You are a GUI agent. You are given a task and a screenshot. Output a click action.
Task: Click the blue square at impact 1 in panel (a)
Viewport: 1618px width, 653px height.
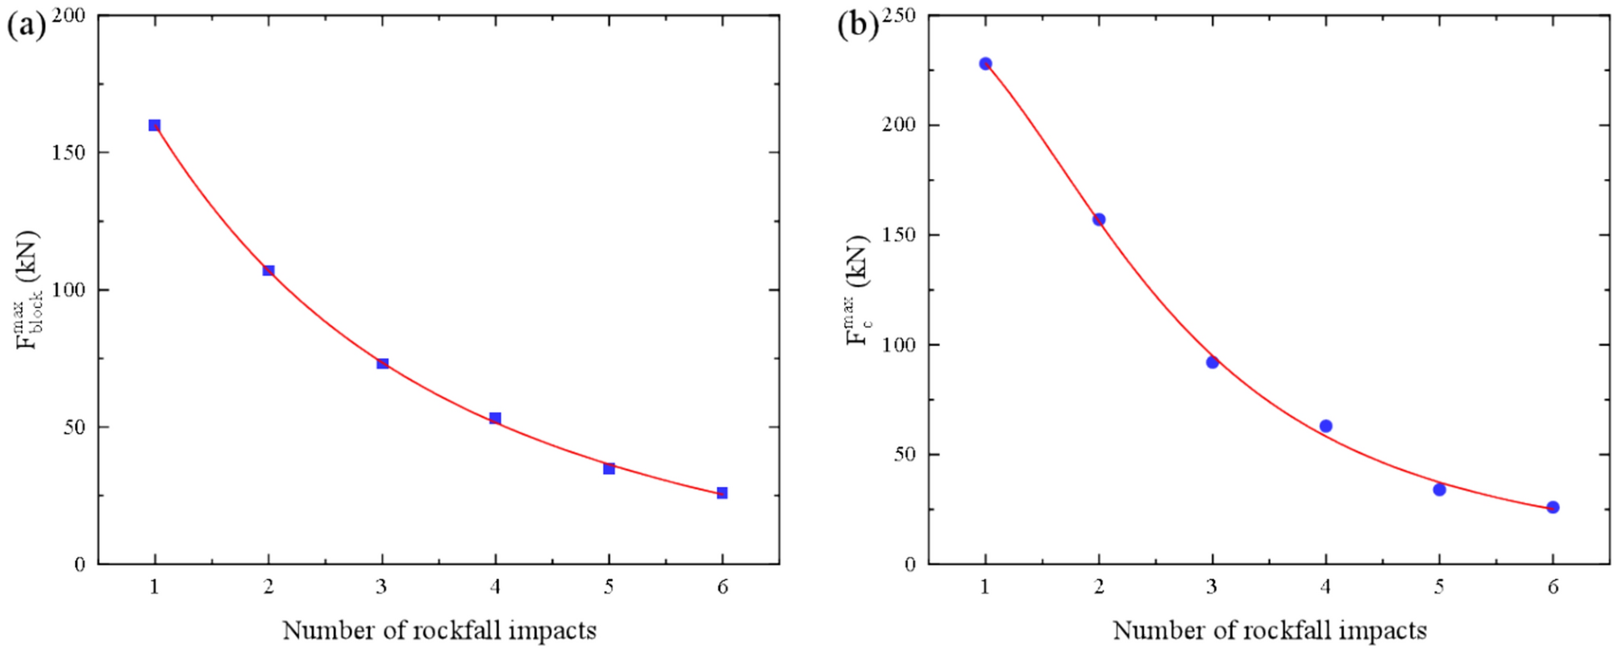coord(155,125)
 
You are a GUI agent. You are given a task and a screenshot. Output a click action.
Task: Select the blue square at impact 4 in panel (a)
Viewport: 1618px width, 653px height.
coord(495,418)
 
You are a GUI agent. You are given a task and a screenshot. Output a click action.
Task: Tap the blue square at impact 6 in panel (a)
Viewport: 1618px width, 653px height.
coord(722,493)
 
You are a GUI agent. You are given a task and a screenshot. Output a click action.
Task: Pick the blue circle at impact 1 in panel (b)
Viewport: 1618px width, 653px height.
coord(985,64)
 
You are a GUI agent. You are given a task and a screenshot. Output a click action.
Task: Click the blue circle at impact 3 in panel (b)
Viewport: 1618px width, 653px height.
coord(1212,362)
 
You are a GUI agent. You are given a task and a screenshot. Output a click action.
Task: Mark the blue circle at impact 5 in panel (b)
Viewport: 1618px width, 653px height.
coord(1439,489)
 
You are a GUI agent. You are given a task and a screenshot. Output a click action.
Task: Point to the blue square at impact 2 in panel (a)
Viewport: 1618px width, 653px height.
coord(268,270)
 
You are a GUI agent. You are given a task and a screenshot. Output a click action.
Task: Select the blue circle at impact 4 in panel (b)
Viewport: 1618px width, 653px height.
coord(1325,426)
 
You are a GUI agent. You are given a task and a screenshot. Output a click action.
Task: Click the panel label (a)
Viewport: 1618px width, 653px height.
coord(27,26)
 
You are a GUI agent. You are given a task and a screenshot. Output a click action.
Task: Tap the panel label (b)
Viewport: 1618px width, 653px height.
coord(858,26)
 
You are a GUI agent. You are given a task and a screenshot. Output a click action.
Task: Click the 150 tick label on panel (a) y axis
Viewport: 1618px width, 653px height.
coord(69,152)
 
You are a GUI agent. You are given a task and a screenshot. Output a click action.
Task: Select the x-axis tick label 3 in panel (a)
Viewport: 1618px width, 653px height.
coord(382,587)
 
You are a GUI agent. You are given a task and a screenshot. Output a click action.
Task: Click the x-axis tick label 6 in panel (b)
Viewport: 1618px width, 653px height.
coord(1553,587)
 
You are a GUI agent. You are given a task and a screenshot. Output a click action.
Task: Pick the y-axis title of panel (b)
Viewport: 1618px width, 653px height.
coord(859,289)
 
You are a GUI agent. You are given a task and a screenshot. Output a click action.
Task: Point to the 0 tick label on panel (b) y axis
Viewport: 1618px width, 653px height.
coord(910,564)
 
